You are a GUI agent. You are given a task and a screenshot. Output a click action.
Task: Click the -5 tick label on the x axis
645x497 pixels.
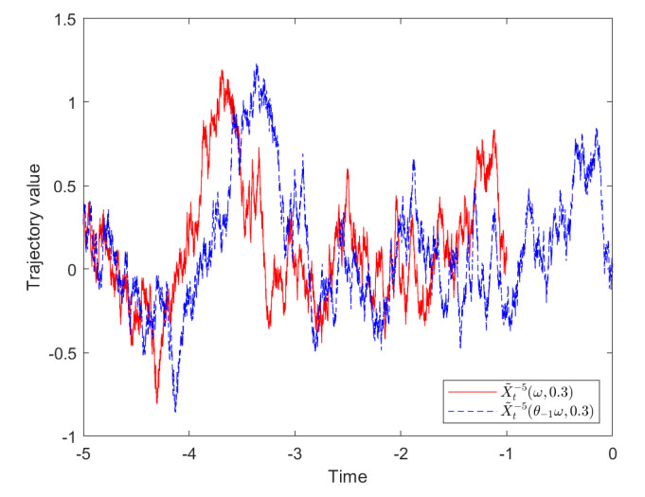(84, 453)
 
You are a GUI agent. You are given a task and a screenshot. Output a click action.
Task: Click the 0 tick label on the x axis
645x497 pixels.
(612, 453)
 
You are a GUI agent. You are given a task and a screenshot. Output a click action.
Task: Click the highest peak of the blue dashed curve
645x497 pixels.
(256, 65)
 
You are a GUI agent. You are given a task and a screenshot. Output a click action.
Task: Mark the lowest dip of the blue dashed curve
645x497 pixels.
(175, 411)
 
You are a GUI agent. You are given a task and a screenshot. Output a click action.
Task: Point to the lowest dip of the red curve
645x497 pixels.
(157, 402)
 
